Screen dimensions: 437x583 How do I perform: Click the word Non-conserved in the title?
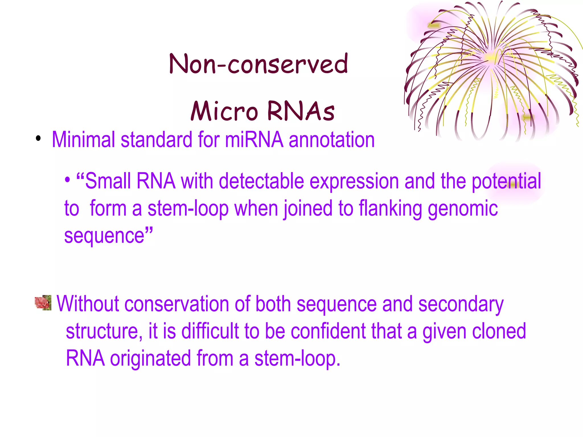pos(258,64)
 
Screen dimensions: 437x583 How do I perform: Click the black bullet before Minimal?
pos(38,139)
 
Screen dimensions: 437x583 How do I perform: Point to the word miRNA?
pos(254,140)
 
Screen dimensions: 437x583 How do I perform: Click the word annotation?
pos(332,140)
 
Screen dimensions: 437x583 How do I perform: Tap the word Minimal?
pos(83,140)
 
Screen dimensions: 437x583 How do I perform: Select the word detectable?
pos(261,181)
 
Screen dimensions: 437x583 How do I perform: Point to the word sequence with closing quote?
pos(108,236)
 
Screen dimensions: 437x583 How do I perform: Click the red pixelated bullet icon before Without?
pos(43,302)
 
